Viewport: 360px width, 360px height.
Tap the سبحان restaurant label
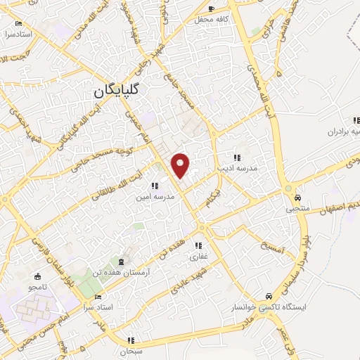click(x=131, y=350)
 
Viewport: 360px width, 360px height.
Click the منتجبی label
click(x=297, y=209)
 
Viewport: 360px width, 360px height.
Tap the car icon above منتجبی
click(x=297, y=198)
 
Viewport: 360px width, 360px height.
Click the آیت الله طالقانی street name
click(x=97, y=182)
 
